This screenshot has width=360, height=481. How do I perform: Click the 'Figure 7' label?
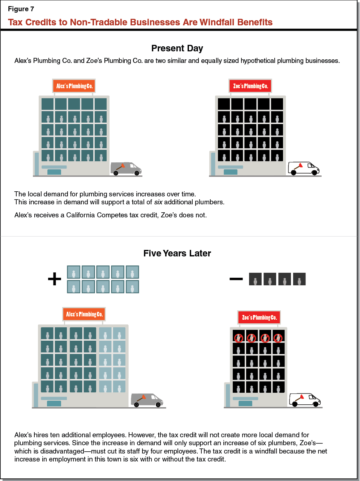21,9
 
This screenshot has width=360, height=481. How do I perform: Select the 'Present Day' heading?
177,48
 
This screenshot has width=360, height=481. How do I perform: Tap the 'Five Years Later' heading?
177,253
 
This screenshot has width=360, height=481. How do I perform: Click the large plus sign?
55,279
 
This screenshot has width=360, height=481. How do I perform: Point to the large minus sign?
236,279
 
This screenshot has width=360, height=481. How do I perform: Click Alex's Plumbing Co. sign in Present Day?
74,86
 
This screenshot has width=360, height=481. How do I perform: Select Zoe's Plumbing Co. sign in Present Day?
250,86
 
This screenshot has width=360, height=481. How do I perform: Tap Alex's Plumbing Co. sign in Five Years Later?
84,314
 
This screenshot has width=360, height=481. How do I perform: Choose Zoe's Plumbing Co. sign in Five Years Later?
259,318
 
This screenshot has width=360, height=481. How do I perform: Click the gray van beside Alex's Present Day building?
126,169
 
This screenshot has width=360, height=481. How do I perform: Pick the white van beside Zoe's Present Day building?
304,168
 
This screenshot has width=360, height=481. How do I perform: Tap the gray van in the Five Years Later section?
147,400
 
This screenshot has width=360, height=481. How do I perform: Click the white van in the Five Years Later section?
305,400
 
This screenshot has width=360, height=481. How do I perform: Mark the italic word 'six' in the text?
158,202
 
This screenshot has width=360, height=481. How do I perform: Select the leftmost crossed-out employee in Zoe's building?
239,338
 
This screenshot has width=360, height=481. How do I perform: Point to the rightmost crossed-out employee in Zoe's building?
278,338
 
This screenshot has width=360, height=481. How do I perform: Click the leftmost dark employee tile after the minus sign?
255,279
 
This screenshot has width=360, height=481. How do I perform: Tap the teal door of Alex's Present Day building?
54,172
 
